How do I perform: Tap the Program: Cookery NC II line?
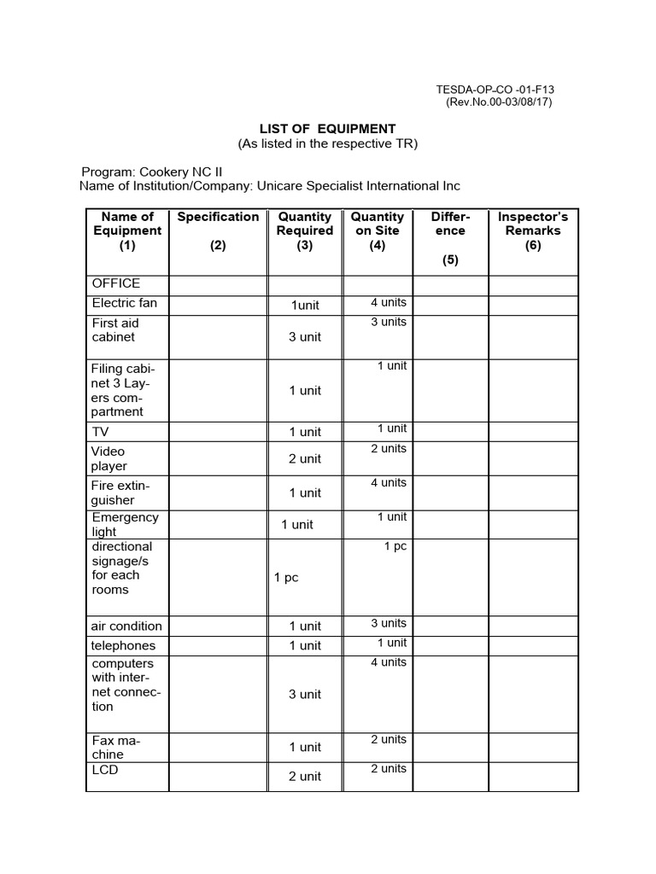[x=152, y=171]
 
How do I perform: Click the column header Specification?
[x=218, y=217]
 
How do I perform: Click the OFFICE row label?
[x=116, y=283]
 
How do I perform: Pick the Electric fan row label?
[x=125, y=303]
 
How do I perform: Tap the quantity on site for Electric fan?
[x=389, y=302]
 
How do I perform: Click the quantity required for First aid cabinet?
[x=305, y=337]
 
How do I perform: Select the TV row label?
[x=101, y=432]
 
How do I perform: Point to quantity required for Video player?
[x=305, y=459]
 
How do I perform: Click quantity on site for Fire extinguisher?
[x=389, y=482]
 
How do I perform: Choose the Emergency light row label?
[x=125, y=524]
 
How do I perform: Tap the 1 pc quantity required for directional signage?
[x=286, y=578]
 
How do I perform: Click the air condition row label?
[x=126, y=626]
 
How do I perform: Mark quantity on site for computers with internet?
[x=389, y=662]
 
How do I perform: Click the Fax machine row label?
[x=116, y=748]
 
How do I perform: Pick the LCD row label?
[x=105, y=770]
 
